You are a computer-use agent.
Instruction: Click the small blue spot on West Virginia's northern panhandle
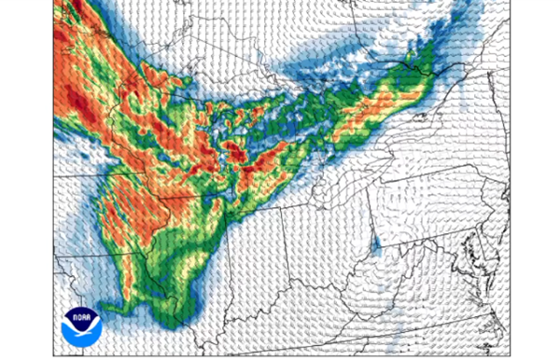coord(376,245)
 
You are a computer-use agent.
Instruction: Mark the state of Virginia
coord(439,298)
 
